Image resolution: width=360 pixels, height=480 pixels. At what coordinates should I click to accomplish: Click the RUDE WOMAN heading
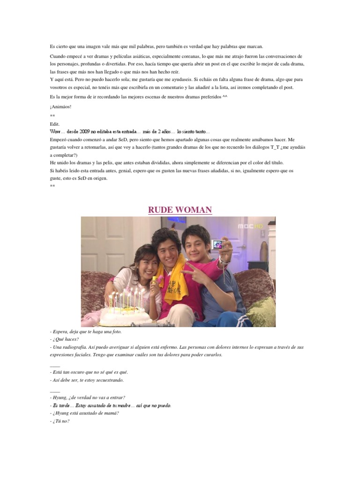tap(180, 210)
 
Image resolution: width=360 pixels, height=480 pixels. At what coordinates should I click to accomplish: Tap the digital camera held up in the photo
tap(217, 244)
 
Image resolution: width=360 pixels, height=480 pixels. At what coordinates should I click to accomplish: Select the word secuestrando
tap(109, 380)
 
